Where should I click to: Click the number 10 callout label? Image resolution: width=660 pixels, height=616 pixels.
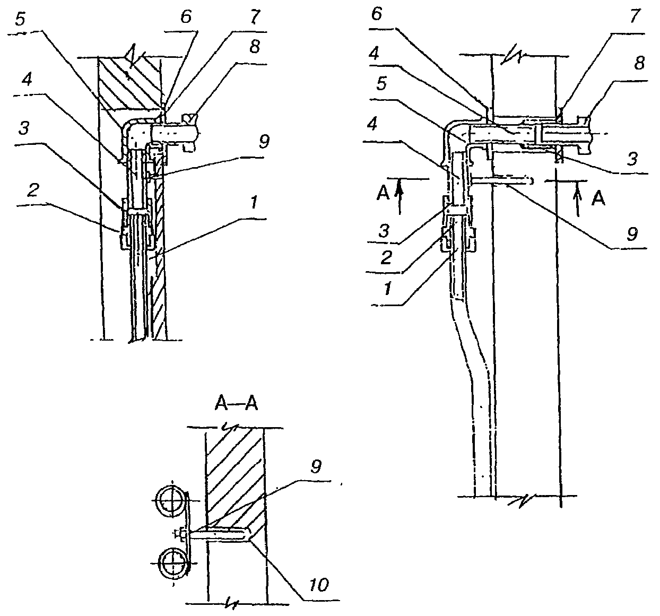319,585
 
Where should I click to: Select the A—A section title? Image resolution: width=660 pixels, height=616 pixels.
236,404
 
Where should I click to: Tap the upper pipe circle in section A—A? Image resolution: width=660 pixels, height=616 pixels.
170,501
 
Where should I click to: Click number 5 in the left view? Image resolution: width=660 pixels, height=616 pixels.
20,19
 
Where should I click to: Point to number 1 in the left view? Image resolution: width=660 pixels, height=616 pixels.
254,202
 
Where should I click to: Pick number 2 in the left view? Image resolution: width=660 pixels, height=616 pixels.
33,190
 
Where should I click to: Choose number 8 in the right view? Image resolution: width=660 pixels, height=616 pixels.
639,63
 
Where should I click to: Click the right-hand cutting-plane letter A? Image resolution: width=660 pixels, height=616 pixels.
598,199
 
